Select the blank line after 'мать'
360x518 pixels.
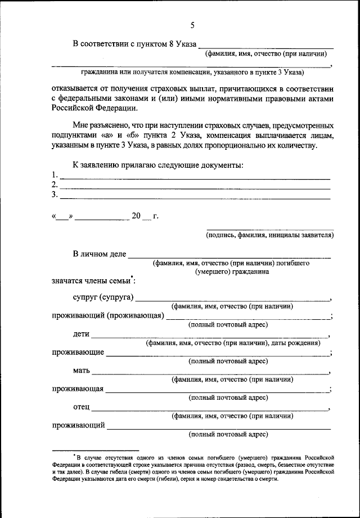tap(211, 373)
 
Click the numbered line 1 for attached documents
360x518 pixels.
tap(194, 178)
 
